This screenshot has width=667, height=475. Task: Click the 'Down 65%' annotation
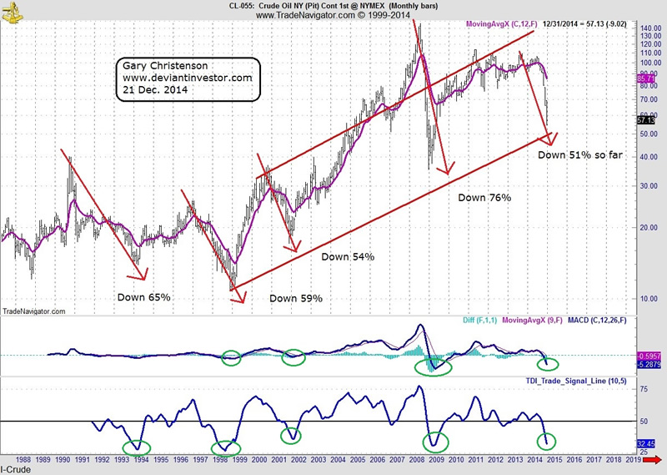(x=144, y=296)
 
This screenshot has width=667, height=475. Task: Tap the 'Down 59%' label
(x=296, y=298)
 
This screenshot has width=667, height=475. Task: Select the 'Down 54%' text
(x=348, y=256)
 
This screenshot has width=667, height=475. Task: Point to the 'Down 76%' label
(x=484, y=198)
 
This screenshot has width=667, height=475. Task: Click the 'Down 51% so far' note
(x=582, y=154)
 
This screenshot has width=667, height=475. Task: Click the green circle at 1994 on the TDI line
(x=138, y=447)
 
